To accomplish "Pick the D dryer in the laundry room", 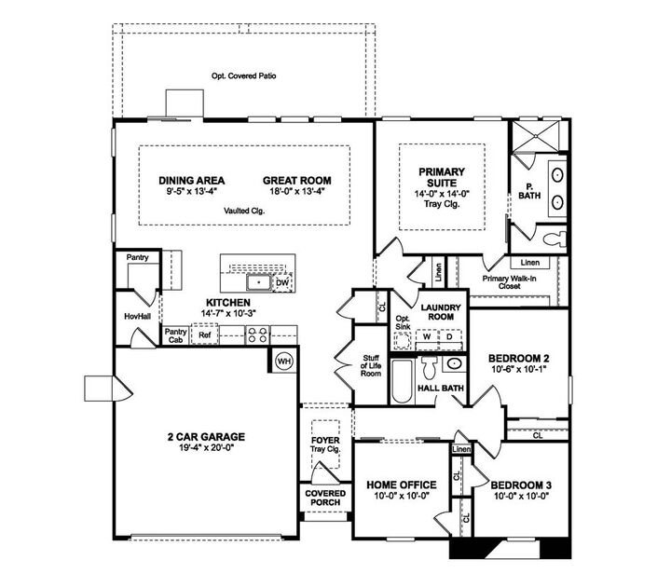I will [x=447, y=338].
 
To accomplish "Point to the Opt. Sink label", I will [x=403, y=325].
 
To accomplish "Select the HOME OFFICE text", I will [x=402, y=485].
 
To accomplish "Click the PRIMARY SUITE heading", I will [x=441, y=177].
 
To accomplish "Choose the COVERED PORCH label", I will [x=324, y=498].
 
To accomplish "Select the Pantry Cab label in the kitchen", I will [x=174, y=335].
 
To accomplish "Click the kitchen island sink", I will [x=257, y=280].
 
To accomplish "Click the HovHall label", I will [x=137, y=317].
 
